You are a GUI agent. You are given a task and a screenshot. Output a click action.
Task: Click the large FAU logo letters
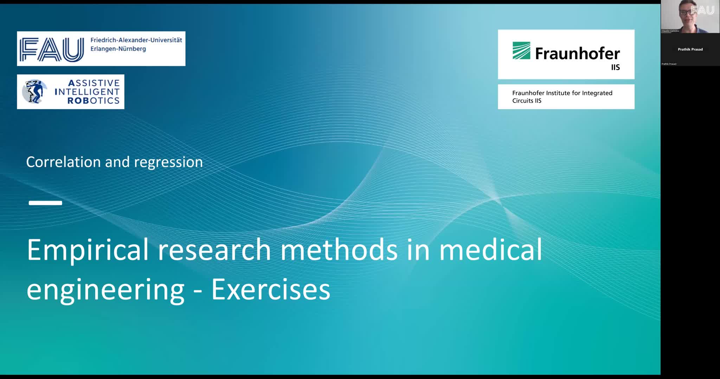tap(52, 49)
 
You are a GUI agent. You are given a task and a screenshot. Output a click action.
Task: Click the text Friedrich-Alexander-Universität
tap(136, 40)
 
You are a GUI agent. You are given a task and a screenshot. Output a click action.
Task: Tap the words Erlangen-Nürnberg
tap(118, 49)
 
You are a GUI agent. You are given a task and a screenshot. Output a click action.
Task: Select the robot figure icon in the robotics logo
tap(34, 91)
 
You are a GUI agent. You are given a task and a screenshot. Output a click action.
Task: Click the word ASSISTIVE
tap(94, 83)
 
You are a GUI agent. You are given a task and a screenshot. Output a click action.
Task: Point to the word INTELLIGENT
tap(87, 92)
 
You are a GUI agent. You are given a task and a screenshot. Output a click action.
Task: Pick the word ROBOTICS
tap(94, 101)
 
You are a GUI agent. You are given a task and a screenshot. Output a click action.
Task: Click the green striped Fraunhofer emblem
tap(521, 51)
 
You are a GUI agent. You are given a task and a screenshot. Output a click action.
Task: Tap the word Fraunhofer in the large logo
tap(578, 54)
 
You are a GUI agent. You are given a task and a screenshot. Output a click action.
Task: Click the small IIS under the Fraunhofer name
tap(615, 67)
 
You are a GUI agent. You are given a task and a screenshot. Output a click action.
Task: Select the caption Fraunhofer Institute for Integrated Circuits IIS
tap(562, 97)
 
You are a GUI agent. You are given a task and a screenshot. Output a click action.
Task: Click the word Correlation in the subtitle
tap(64, 162)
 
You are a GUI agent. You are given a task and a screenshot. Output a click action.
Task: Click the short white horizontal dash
tap(45, 203)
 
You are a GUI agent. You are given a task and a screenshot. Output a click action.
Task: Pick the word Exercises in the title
tap(271, 290)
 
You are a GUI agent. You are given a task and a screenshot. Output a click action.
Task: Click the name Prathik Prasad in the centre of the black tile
tap(690, 49)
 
